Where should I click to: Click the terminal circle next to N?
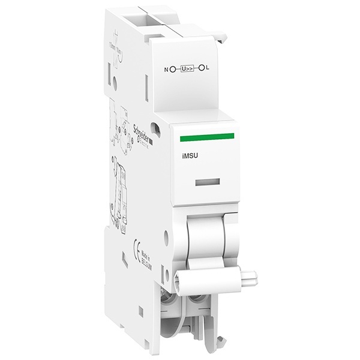[174, 69]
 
